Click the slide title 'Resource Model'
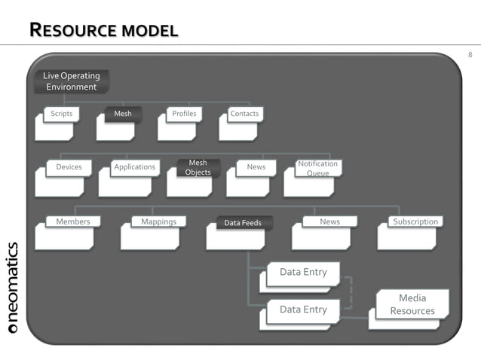click(103, 31)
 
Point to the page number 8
click(470, 55)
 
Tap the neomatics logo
click(14, 287)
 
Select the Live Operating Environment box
click(71, 81)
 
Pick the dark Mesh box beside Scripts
click(122, 114)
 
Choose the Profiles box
click(184, 114)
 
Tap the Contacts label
click(244, 114)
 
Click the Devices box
click(69, 167)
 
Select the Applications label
click(134, 167)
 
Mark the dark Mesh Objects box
click(198, 167)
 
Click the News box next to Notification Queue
click(256, 167)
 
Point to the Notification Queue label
click(317, 168)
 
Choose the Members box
click(72, 222)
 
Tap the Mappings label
click(158, 222)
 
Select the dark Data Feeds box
click(243, 223)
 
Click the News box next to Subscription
click(329, 222)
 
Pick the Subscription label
click(415, 222)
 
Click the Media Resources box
click(412, 305)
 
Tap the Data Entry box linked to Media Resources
click(303, 310)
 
